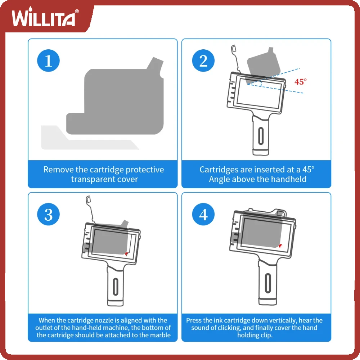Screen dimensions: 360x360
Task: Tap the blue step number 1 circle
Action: click(49, 60)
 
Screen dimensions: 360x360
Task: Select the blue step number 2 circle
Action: click(203, 60)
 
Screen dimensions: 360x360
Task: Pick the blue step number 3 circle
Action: click(49, 214)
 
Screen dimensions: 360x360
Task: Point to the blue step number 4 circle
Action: click(203, 214)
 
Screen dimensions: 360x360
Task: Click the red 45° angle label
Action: click(300, 82)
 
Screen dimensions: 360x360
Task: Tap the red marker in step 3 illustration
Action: click(126, 254)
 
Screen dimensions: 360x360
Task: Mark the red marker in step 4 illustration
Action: click(280, 246)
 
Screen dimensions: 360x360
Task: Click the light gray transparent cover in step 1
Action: click(90, 138)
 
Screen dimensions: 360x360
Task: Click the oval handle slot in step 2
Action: click(261, 136)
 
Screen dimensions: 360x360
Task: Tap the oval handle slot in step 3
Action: click(116, 287)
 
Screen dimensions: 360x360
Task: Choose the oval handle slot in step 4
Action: click(268, 283)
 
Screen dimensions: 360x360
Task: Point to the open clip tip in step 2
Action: click(234, 48)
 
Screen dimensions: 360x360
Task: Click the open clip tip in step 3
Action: click(88, 199)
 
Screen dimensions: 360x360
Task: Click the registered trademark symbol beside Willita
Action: click(77, 11)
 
